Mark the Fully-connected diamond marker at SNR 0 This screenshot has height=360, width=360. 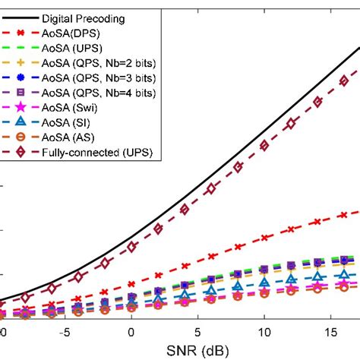(131, 247)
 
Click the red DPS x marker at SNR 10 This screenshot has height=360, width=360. (264, 238)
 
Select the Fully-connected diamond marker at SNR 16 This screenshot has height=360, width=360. (343, 80)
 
